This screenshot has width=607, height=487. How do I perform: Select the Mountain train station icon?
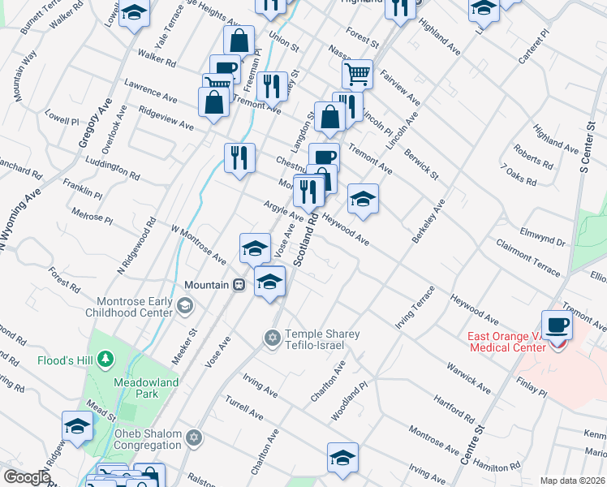(239, 285)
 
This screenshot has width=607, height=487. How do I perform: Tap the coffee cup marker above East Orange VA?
(557, 325)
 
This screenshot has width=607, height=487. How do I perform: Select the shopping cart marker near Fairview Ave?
(357, 75)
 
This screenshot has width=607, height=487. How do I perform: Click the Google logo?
(27, 477)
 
